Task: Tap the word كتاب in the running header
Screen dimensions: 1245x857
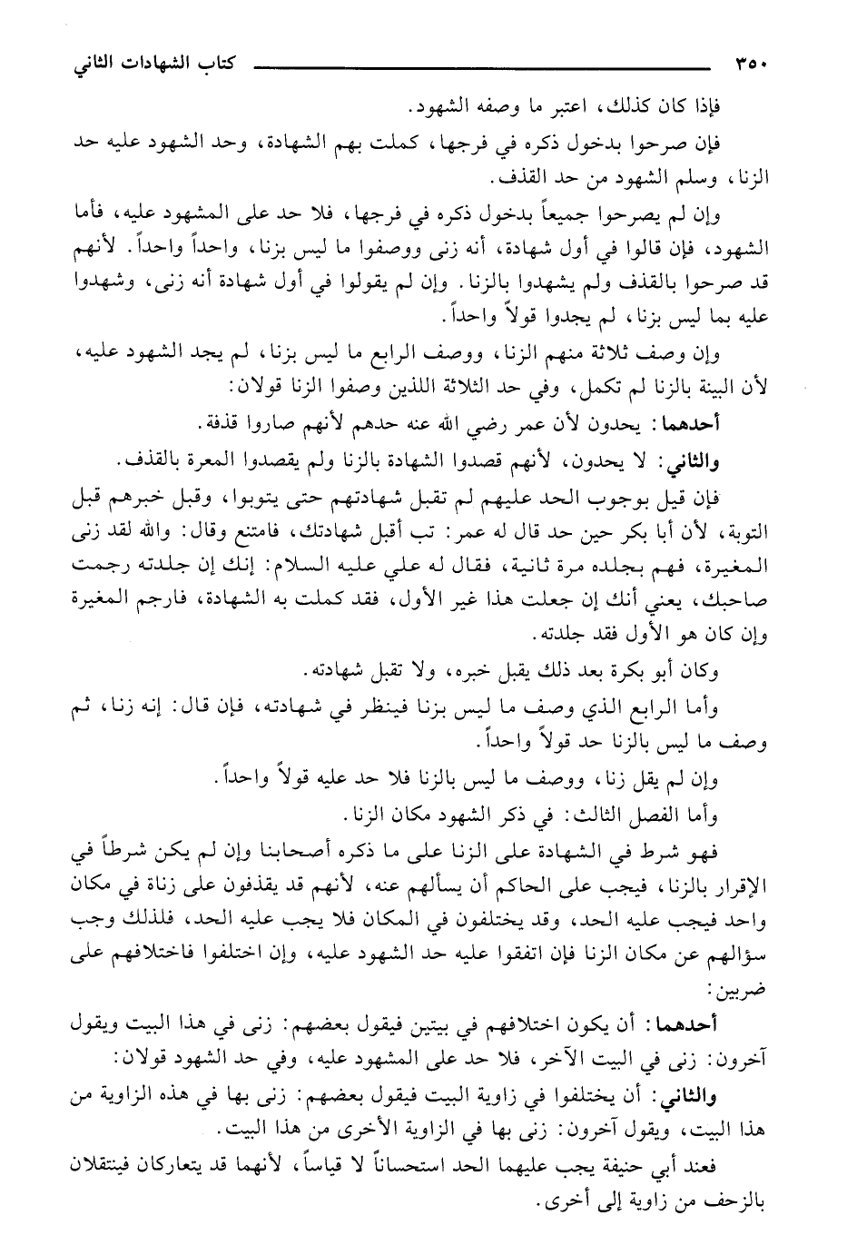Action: click(233, 68)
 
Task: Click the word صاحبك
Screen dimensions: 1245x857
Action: click(739, 600)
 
